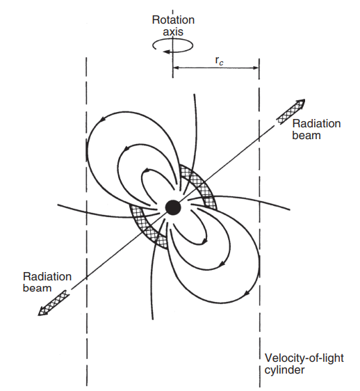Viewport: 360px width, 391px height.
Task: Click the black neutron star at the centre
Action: coord(173,207)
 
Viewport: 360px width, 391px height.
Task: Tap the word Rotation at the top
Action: coord(173,20)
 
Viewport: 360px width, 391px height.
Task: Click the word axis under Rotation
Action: coord(173,32)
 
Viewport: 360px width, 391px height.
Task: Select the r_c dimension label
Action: coord(219,61)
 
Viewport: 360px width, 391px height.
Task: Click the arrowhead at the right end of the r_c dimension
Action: coord(256,67)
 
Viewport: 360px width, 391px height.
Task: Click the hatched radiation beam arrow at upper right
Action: coord(291,111)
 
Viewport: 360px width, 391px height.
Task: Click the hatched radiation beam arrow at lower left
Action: coord(53,303)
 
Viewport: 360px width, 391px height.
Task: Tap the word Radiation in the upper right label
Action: coord(316,124)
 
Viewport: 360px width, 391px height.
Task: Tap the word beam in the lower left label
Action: coord(37,288)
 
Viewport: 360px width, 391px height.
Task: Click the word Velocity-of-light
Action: coord(304,358)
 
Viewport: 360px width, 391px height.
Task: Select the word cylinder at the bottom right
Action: coord(284,370)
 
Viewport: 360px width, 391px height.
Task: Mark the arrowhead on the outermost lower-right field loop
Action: coord(247,293)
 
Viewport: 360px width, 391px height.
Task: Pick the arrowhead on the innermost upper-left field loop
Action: coord(147,171)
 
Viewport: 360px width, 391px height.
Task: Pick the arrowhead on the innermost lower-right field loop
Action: coord(204,241)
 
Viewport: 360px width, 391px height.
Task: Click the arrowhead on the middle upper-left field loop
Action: coord(127,149)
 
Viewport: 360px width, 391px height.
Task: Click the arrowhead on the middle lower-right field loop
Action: coord(222,263)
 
